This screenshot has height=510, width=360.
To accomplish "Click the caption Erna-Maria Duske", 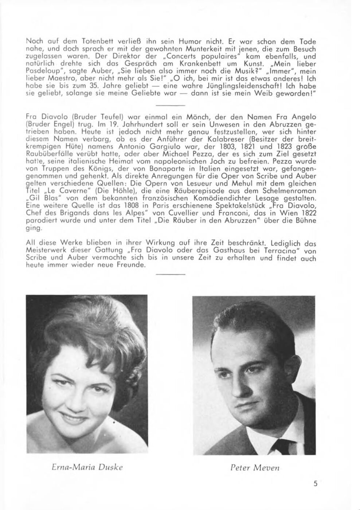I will (86, 467).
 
